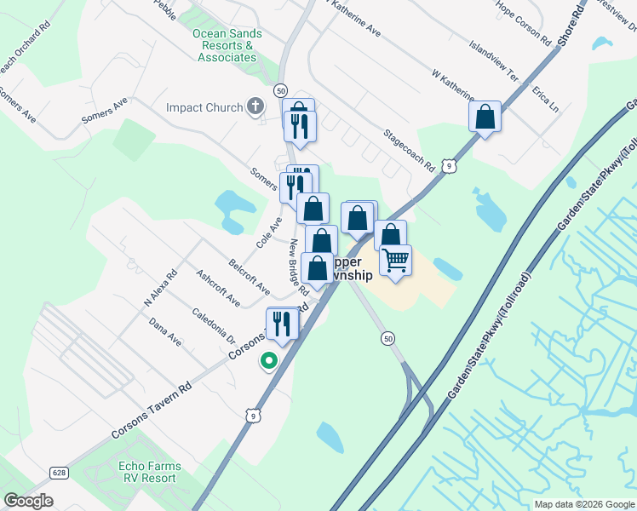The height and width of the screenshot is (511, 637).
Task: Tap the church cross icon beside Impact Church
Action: click(254, 107)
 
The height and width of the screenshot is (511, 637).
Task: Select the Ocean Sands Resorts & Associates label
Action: click(227, 46)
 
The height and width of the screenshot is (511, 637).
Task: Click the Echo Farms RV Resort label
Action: click(147, 472)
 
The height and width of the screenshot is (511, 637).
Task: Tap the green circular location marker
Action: click(268, 362)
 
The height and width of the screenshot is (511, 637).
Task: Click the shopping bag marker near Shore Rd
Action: click(485, 117)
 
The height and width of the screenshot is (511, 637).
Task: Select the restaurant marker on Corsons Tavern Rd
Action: click(282, 323)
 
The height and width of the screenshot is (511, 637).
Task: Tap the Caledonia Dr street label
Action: click(214, 326)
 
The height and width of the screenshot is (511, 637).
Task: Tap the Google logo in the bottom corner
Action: click(28, 501)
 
